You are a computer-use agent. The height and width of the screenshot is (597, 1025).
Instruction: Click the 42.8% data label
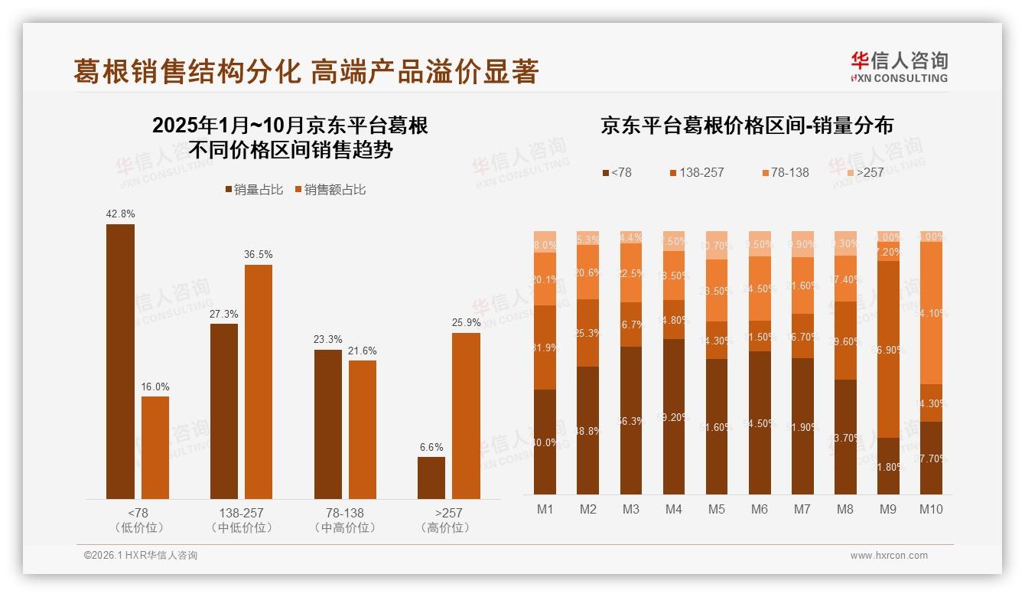(120, 214)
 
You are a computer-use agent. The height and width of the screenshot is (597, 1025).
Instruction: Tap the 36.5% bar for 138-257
(259, 382)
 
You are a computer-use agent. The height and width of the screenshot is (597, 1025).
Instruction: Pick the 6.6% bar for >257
(431, 478)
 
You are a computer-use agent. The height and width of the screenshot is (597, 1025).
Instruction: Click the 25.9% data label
(466, 323)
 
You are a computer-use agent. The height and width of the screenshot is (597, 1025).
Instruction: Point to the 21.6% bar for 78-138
(363, 429)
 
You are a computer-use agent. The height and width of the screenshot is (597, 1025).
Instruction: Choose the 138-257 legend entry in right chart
(695, 172)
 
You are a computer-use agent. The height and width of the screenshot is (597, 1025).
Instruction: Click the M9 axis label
(888, 510)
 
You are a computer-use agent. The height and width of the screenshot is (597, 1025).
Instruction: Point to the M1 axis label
(545, 510)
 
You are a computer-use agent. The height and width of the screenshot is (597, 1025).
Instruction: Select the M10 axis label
(930, 510)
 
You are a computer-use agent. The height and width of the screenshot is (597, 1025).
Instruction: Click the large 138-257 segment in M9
(888, 349)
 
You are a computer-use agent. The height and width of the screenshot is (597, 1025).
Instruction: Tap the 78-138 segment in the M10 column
(931, 312)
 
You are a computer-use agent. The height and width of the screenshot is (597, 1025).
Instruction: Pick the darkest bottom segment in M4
(674, 416)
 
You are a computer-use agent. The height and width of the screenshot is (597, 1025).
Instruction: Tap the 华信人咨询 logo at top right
(899, 67)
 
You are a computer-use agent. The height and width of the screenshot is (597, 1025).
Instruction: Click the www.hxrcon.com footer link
(888, 556)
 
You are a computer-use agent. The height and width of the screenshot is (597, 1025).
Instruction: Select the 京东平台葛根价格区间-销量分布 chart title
(747, 126)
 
